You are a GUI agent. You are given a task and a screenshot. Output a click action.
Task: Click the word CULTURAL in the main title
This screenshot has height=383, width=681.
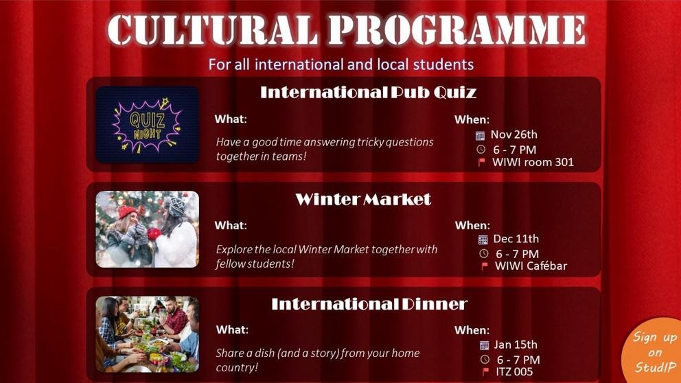pos(212,30)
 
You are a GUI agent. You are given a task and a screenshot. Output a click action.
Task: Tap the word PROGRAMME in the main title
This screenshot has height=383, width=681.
pos(457,30)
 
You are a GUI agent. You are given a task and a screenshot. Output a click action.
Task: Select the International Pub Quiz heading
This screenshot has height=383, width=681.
pos(368,92)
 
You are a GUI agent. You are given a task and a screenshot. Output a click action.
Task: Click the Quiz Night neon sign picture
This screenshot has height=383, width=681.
pos(147,125)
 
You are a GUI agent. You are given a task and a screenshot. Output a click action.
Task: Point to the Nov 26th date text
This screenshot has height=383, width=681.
pos(513,135)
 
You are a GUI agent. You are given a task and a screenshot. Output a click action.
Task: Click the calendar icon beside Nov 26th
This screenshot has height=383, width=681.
pos(480,135)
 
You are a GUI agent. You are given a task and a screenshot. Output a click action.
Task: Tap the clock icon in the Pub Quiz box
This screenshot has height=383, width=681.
pos(481,150)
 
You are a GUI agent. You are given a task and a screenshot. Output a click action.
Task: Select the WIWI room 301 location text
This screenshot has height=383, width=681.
pos(533,163)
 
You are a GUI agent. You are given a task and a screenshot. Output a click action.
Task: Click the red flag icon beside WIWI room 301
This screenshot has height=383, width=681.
pos(481,163)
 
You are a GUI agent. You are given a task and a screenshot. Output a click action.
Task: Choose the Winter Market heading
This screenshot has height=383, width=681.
pos(363,199)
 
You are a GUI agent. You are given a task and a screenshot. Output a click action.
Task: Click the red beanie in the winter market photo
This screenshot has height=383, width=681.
pos(126,211)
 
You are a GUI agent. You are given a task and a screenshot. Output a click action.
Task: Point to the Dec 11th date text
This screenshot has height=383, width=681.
pos(516,239)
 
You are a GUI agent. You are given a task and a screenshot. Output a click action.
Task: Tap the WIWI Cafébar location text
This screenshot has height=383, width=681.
pos(531,266)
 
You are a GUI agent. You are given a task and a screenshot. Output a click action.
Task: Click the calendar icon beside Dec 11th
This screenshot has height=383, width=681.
pos(483,240)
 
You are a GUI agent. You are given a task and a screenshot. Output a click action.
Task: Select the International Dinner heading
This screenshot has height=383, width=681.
pos(369,304)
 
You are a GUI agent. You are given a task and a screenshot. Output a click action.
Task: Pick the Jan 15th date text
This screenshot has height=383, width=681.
pos(516,345)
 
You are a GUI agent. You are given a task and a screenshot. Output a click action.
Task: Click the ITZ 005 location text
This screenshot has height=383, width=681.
pos(514,372)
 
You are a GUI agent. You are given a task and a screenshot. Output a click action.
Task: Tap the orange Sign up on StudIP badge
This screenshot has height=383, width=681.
pos(654,351)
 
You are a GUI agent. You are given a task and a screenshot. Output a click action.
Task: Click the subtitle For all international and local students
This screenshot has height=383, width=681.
pos(341,65)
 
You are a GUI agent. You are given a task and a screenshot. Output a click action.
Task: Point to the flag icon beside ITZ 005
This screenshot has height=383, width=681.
pos(485,372)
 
